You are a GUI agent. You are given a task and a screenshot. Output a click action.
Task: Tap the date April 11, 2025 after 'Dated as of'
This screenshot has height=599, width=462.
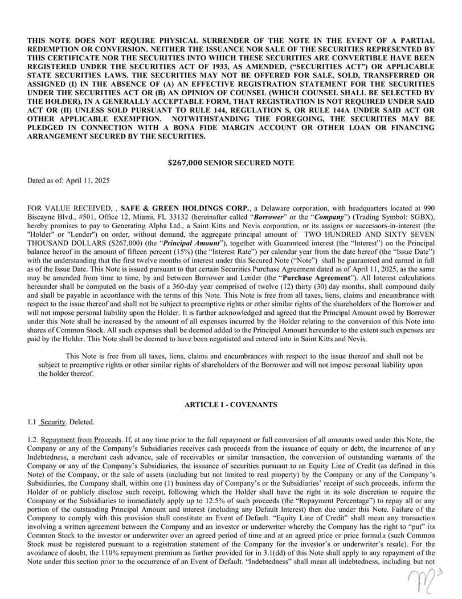[x=87, y=180]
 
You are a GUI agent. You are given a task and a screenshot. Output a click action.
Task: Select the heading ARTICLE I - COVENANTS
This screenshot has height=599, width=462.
[x=231, y=404]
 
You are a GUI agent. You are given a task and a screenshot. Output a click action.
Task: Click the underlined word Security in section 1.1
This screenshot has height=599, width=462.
[x=52, y=422]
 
